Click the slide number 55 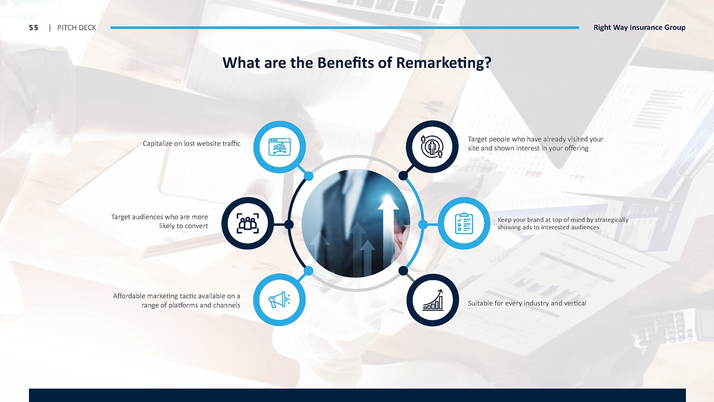coord(33,28)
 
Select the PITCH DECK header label coord(76,28)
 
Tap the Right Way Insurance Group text coord(639,27)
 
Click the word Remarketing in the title coord(444,63)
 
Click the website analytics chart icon coord(279,147)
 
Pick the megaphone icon coord(279,300)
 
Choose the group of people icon coord(248,223)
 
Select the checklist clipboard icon coord(464,223)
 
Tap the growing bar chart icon coord(433,300)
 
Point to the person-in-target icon coord(432,147)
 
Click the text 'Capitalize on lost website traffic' coord(191,143)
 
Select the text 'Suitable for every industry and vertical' coord(527,303)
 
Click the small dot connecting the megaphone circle coord(308,271)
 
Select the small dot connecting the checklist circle coord(423,225)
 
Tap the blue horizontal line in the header coord(345,28)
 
